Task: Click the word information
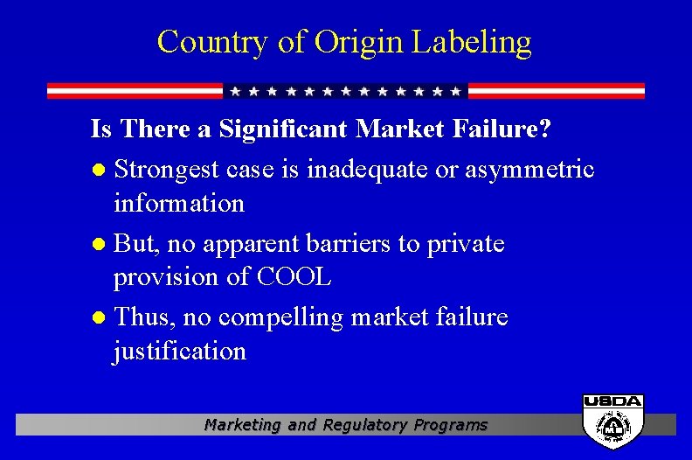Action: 179,204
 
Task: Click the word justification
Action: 179,352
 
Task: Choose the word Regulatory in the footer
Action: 366,425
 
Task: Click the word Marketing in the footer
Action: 243,425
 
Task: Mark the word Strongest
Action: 166,168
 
